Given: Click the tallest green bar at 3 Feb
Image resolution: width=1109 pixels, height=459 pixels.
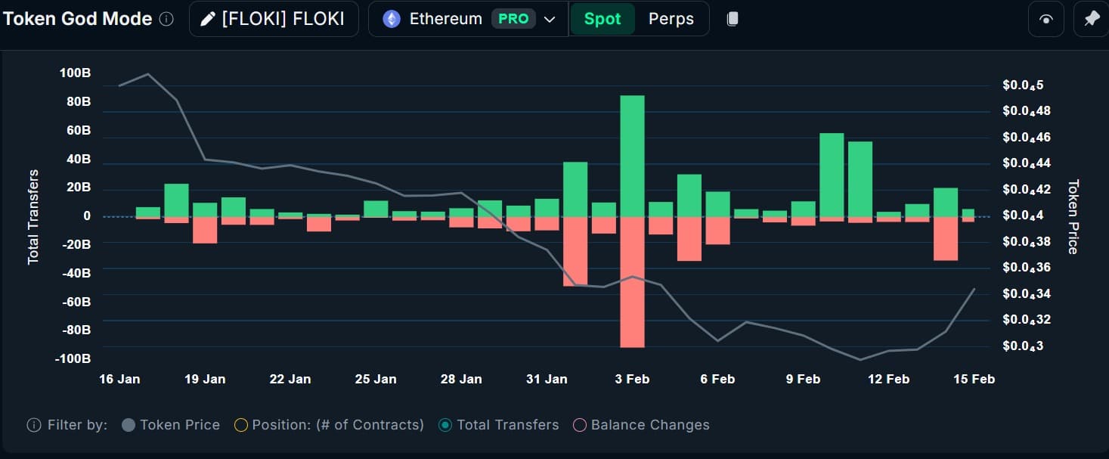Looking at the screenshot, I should click(x=632, y=156).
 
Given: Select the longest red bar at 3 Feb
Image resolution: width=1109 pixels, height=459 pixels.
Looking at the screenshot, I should click(x=632, y=282).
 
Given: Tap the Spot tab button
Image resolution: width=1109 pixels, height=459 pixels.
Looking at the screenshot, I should click(x=602, y=19).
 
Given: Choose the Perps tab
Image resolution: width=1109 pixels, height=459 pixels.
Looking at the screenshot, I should click(x=671, y=19).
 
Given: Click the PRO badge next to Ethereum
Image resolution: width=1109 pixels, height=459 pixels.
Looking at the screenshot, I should click(x=513, y=19).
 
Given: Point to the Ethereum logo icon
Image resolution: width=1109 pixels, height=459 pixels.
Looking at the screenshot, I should click(x=392, y=19).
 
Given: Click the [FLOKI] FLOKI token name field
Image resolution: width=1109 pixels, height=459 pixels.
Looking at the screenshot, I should click(x=274, y=19).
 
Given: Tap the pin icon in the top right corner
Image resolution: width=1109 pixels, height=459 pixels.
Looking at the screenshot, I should click(x=1091, y=19).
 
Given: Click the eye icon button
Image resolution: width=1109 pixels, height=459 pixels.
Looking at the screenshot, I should click(x=1045, y=19).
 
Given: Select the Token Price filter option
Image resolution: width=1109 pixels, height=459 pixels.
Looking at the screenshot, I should click(x=171, y=425).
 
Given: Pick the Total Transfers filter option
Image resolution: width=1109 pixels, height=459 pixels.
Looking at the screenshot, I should click(x=499, y=425).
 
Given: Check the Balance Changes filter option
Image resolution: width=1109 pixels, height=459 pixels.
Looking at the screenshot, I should click(x=642, y=425).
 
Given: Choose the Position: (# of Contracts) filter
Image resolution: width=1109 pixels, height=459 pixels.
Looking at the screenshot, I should click(x=329, y=425).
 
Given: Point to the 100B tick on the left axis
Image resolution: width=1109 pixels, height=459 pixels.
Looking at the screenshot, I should click(x=75, y=73).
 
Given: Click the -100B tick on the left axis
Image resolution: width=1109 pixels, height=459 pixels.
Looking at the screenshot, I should click(x=73, y=358).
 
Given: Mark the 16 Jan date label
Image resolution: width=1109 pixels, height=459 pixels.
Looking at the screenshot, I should click(x=119, y=379).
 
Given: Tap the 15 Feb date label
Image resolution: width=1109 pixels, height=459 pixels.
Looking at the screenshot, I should click(x=974, y=379).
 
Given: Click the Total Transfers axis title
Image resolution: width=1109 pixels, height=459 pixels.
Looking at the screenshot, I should click(x=33, y=217).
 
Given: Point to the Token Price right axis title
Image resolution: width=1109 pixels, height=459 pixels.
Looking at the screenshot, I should click(x=1073, y=216).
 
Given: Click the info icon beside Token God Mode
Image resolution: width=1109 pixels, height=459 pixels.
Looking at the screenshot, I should click(x=167, y=19).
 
